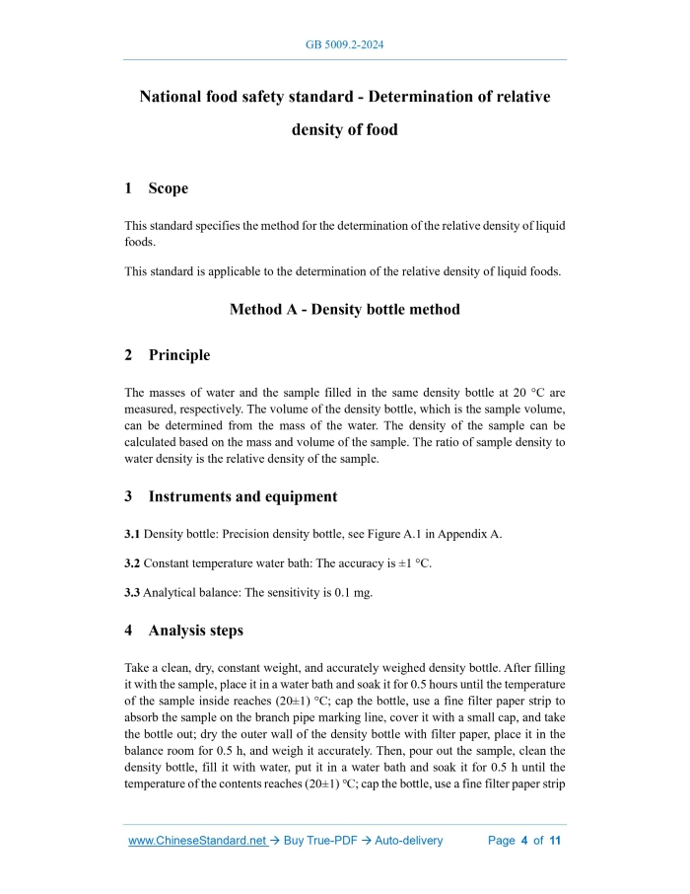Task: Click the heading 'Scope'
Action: (x=168, y=188)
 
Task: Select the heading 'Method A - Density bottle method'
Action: (x=345, y=310)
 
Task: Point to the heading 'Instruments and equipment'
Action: (x=242, y=497)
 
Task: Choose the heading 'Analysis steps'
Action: (x=195, y=630)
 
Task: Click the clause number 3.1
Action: (x=132, y=534)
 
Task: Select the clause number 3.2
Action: (x=132, y=563)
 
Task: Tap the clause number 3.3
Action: (x=132, y=593)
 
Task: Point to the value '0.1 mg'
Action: (x=355, y=593)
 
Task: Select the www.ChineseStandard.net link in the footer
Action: (x=198, y=841)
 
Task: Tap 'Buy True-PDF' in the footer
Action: (x=324, y=841)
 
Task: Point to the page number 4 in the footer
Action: (x=524, y=841)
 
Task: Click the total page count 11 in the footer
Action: (x=555, y=841)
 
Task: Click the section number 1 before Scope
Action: (x=128, y=188)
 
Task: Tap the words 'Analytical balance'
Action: (x=191, y=593)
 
